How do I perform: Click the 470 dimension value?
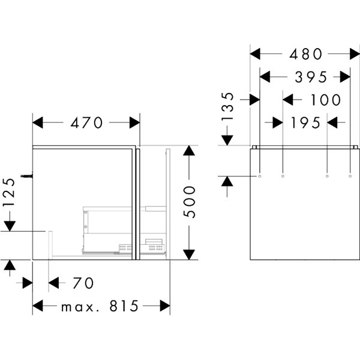tap(86, 122)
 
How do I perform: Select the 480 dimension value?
tap(305, 54)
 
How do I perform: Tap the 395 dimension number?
tap(311, 77)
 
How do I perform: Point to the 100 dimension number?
tap(326, 100)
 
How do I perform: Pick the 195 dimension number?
tap(305, 122)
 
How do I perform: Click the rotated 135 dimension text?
tap(227, 107)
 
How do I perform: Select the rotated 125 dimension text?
tap(10, 193)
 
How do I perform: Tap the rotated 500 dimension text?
tap(190, 202)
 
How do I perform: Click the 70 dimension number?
tap(83, 283)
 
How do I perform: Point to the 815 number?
tap(124, 306)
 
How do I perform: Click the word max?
tap(80, 308)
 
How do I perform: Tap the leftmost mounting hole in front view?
tap(260, 176)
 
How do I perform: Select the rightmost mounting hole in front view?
tap(350, 176)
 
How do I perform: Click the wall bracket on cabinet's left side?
tap(27, 176)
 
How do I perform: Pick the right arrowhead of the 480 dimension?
tap(355, 54)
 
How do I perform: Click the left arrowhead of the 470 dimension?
tap(38, 122)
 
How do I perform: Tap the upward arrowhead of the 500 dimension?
tap(189, 151)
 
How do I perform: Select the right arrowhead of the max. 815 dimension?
tap(165, 306)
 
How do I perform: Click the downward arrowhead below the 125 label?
tap(10, 226)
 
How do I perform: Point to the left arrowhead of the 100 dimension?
tap(288, 100)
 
